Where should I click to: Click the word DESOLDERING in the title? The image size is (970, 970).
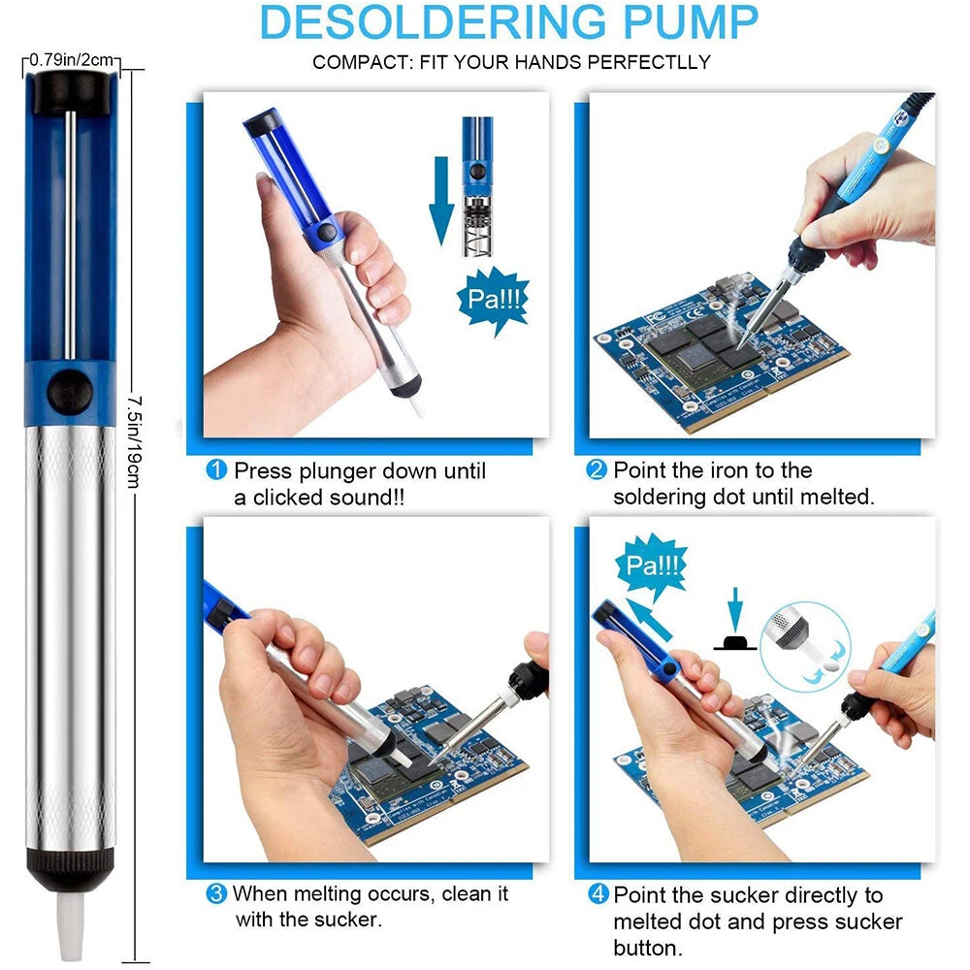coord(433,22)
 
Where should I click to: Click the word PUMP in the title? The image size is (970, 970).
coord(691,22)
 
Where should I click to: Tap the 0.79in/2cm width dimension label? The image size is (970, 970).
coord(71,60)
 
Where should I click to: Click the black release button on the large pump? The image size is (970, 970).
coord(70,393)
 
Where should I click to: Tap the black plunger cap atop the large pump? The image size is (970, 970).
coord(70,92)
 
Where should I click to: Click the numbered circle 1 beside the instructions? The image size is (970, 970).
coord(216,469)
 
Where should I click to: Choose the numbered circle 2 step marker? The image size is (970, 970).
coord(597,469)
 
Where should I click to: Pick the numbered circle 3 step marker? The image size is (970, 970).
coord(216,893)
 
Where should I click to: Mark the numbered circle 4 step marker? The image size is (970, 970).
coord(598,894)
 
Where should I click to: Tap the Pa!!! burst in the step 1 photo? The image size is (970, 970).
coord(493,300)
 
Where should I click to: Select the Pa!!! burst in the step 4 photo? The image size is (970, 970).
coord(652,565)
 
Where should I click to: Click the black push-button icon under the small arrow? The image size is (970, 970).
coord(735,642)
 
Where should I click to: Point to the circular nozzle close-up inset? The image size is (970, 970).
coord(805,646)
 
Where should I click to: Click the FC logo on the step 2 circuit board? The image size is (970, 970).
coord(656,318)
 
